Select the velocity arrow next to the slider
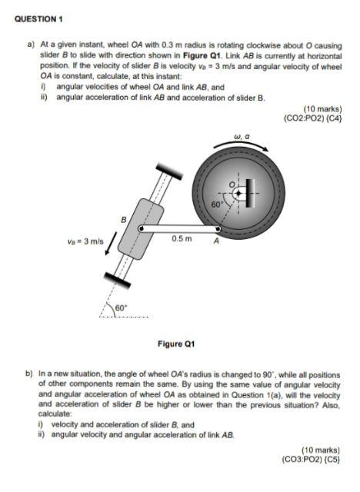112,241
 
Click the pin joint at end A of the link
218,228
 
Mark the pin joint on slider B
140,228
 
